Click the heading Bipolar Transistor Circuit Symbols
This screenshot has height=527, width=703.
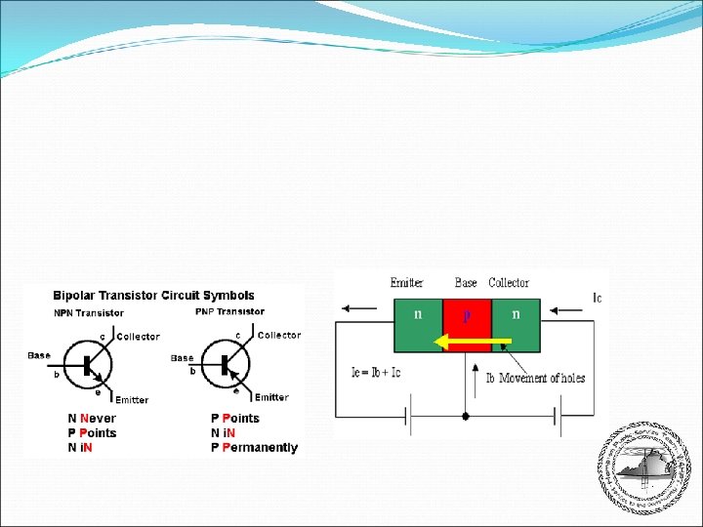pos(153,295)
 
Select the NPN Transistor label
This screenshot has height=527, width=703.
pos(89,313)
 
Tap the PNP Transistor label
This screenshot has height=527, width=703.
pos(229,311)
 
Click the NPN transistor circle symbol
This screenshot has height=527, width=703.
pos(90,365)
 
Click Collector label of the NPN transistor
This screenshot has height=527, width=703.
pos(138,337)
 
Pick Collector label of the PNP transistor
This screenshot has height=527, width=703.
pos(279,336)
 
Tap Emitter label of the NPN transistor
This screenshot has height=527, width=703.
pos(132,400)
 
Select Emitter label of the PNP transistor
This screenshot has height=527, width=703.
pos(271,397)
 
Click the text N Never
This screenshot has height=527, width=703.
pos(92,419)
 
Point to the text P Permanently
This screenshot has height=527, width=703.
pos(254,448)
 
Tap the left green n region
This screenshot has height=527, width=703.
pos(418,325)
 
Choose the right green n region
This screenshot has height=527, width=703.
pos(516,325)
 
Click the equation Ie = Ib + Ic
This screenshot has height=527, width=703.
pos(376,372)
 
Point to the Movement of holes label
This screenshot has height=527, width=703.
pos(542,378)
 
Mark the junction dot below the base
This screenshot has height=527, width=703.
pos(465,416)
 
